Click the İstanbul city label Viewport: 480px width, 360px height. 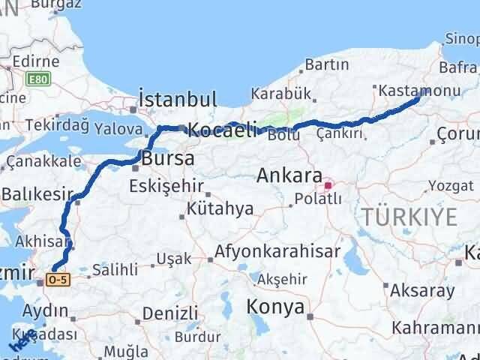(x=178, y=99)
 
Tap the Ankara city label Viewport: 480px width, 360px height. (x=289, y=175)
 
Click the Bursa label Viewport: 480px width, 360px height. (x=167, y=159)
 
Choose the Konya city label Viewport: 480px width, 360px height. (x=276, y=307)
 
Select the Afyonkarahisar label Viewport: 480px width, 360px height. (x=277, y=251)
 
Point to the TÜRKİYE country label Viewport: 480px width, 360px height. (x=409, y=217)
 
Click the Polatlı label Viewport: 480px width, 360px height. (x=317, y=199)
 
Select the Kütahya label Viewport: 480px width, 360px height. (x=220, y=209)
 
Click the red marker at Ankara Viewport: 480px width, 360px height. (x=327, y=184)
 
